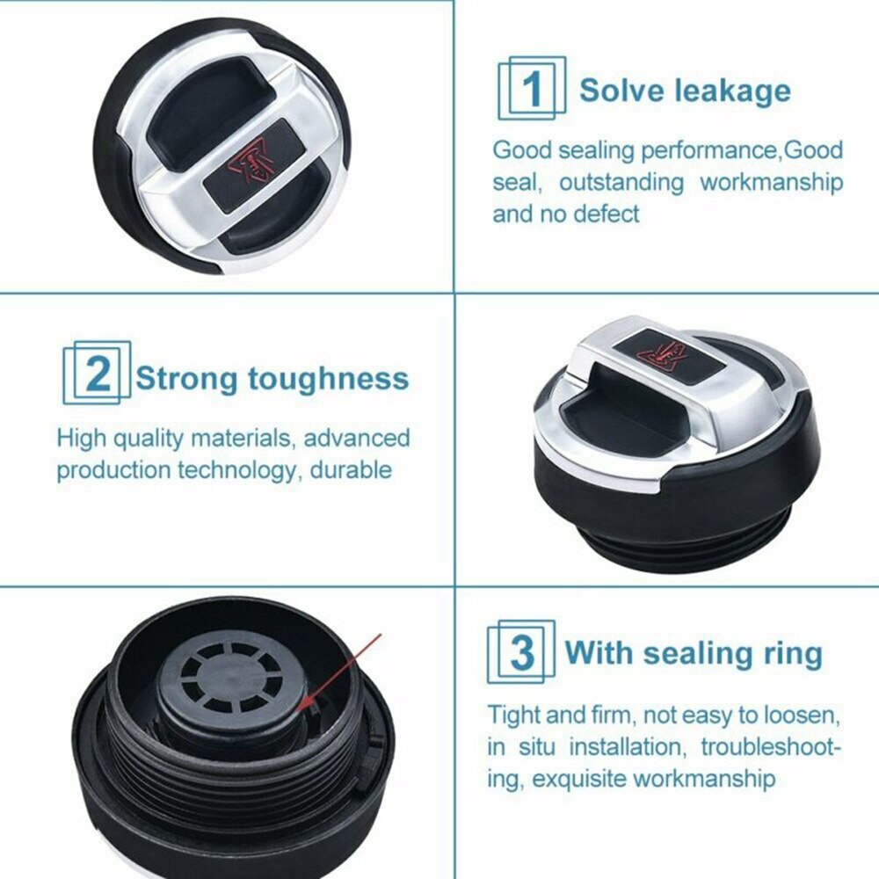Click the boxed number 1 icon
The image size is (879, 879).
tap(532, 90)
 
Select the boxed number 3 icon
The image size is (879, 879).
tap(522, 652)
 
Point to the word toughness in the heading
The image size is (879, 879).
tap(328, 379)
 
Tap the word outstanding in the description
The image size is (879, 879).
tap(621, 182)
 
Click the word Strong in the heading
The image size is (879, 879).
tap(186, 379)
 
